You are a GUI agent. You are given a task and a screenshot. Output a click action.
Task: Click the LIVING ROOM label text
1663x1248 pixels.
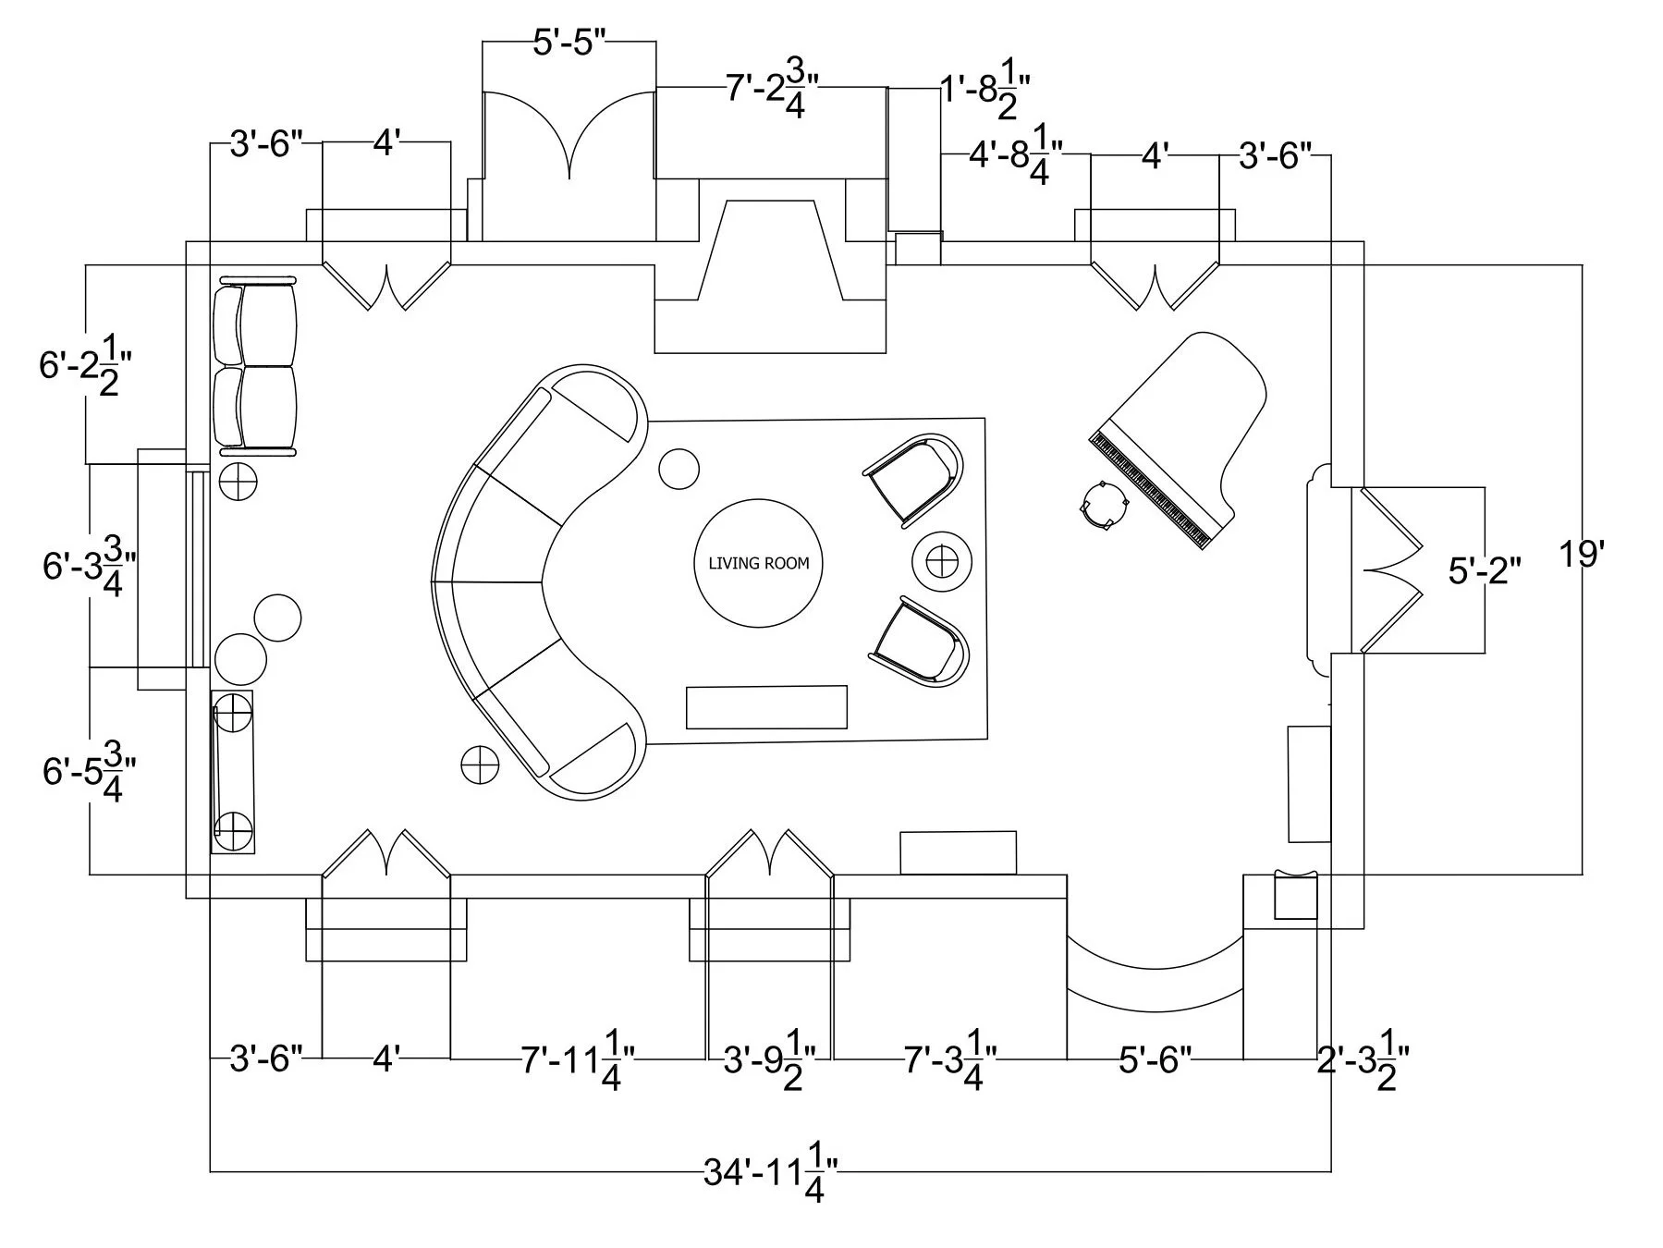[758, 563]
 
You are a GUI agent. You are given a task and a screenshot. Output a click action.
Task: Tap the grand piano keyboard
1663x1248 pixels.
[1149, 491]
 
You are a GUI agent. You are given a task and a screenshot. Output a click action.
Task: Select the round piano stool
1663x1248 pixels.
[1105, 505]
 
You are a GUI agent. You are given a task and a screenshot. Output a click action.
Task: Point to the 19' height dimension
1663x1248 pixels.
[1580, 555]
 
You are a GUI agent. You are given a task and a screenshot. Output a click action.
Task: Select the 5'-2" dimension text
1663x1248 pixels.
[1484, 571]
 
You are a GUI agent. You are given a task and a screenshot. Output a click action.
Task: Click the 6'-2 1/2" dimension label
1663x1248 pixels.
[81, 366]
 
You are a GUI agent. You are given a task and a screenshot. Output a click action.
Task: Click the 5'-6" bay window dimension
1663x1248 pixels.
[1155, 1059]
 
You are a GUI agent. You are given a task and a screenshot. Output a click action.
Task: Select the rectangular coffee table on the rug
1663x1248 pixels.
[766, 707]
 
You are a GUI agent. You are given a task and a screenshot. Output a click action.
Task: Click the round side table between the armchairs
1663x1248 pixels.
[942, 560]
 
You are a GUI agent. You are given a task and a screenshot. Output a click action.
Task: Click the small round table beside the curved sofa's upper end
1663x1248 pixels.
[679, 469]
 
